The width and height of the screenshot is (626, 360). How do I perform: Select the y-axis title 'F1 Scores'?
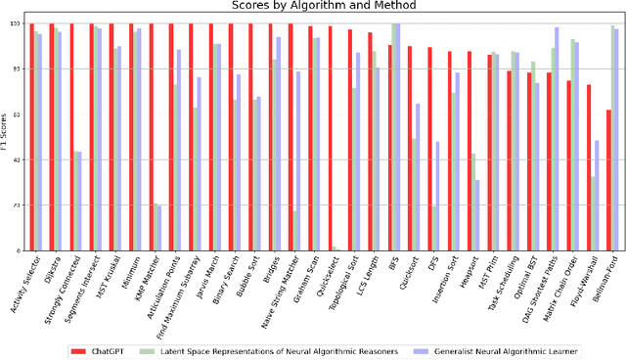click(6, 138)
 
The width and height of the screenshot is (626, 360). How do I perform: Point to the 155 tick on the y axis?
click(16, 24)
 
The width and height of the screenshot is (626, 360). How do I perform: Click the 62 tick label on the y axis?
click(18, 115)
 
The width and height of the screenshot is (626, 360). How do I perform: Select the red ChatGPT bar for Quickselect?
click(330, 139)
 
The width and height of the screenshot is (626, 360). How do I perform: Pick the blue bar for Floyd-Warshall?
click(597, 196)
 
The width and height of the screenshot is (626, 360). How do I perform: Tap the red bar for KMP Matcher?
click(151, 137)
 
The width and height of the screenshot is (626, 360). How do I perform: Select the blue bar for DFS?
click(437, 196)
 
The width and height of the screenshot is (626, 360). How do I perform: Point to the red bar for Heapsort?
click(469, 151)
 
